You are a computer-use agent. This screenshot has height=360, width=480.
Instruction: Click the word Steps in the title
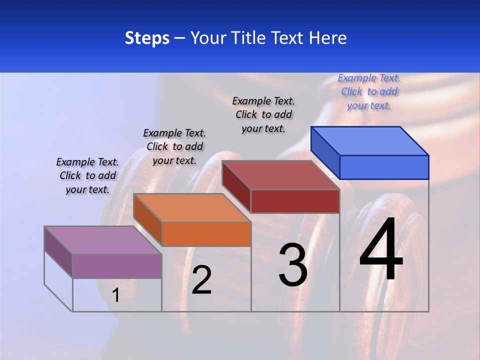point(147,38)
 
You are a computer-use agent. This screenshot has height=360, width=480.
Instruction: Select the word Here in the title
point(328,38)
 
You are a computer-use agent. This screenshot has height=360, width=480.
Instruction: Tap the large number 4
point(381,250)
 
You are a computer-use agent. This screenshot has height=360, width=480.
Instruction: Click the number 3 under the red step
point(292,265)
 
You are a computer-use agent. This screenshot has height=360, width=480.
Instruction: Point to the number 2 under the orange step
point(201,280)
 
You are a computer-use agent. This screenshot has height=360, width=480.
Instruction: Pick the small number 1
point(116,295)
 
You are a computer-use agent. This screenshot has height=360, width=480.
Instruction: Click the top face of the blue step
point(370,140)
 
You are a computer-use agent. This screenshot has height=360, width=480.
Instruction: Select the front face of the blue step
point(384,167)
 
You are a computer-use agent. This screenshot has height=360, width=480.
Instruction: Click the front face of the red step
point(295,201)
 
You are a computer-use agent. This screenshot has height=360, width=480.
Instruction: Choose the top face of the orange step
point(192,208)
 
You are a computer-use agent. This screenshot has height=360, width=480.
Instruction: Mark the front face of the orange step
point(206,234)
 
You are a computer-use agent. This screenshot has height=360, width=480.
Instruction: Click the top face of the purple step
point(103,240)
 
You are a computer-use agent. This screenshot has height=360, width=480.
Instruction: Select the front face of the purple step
point(117,266)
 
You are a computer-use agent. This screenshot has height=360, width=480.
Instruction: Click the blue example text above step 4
point(369,91)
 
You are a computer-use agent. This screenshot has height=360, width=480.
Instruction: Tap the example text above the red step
point(263,114)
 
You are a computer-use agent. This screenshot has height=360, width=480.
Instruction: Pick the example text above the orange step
point(174,146)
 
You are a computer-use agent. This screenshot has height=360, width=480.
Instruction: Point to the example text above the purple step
point(87,175)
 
